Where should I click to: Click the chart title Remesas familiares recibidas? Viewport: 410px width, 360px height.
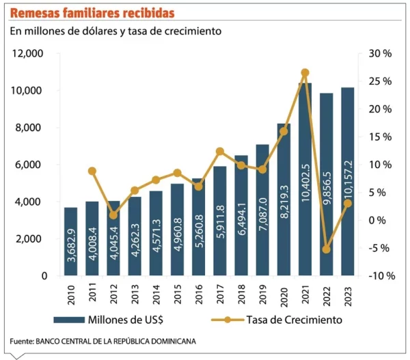click(x=92, y=13)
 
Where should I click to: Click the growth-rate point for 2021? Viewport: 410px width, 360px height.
click(x=305, y=72)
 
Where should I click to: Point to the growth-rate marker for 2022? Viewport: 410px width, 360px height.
click(x=326, y=249)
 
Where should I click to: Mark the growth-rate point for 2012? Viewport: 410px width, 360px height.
click(x=113, y=214)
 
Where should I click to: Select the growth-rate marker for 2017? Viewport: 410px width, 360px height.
click(x=220, y=152)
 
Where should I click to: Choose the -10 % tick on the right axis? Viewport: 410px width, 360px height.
click(x=380, y=276)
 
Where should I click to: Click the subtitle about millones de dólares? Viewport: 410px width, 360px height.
click(x=120, y=31)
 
